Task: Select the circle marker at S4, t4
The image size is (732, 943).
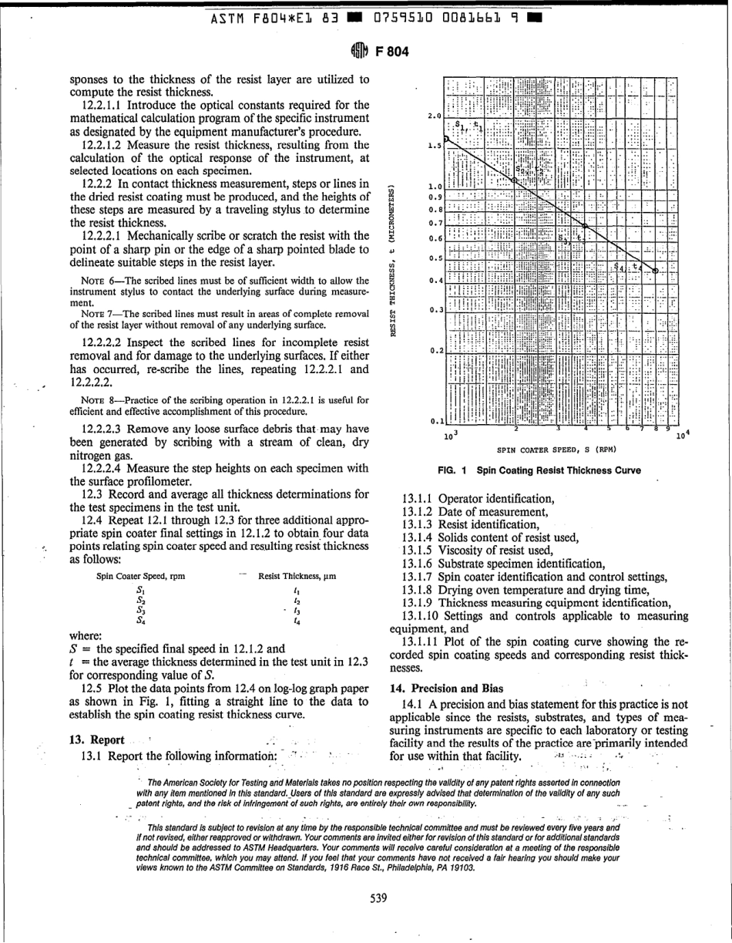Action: click(x=655, y=271)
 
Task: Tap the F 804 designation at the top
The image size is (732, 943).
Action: click(x=388, y=52)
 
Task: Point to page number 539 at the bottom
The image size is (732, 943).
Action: click(x=378, y=897)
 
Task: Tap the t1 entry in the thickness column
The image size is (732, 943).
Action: click(x=297, y=589)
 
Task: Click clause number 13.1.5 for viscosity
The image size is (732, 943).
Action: click(x=419, y=550)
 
